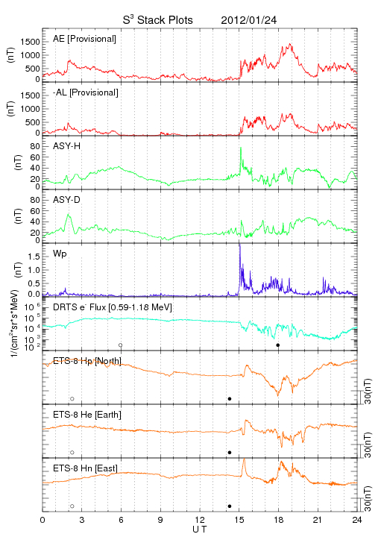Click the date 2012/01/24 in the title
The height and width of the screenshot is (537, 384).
point(248,20)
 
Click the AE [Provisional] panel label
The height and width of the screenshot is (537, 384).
point(84,39)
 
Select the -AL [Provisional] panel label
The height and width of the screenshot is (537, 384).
point(86,92)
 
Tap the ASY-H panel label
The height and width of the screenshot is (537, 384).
point(67,146)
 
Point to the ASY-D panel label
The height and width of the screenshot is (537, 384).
point(67,200)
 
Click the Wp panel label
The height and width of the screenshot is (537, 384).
point(60,254)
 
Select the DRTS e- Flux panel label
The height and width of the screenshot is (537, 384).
point(113,307)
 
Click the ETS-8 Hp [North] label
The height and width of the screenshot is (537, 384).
point(87,361)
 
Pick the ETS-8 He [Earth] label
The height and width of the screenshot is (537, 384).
point(87,415)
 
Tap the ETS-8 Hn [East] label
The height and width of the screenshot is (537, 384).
point(85,468)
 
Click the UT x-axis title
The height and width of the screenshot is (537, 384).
point(200,530)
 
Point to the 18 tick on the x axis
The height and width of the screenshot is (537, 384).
point(279,520)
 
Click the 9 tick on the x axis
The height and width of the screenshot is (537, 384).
point(160,520)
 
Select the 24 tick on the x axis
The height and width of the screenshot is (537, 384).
point(357,520)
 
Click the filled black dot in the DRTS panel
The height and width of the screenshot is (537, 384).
point(278,345)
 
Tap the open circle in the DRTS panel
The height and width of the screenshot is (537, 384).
point(121,345)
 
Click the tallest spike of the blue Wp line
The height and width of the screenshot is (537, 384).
point(239,244)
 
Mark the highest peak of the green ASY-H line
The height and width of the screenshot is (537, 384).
point(241,148)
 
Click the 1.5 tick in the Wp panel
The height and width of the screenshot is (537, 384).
point(34,257)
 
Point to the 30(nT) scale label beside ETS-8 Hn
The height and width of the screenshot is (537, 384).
point(368,498)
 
